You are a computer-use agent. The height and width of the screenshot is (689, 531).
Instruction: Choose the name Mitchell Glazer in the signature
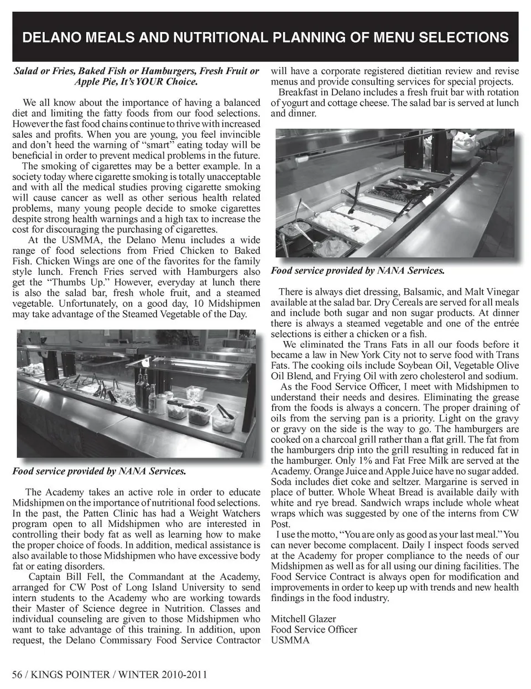click(x=303, y=619)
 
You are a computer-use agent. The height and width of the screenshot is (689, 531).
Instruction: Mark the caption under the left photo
click(x=98, y=471)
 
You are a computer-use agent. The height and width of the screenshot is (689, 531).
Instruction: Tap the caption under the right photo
click(x=357, y=271)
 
